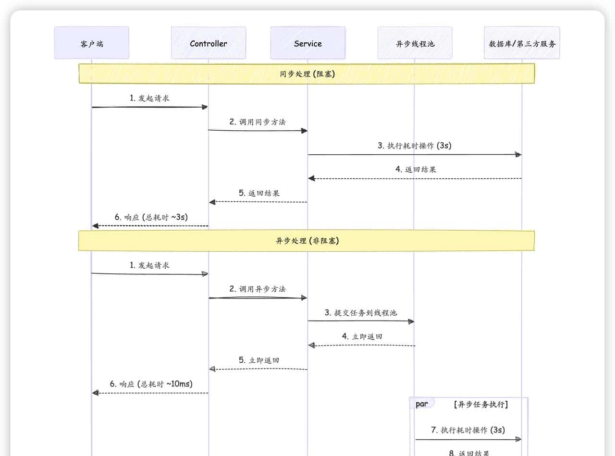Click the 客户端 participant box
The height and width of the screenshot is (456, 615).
click(x=91, y=43)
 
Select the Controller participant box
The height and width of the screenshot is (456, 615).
click(x=208, y=43)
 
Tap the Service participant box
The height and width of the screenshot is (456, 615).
click(x=307, y=43)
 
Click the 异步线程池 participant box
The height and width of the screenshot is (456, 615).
click(x=415, y=43)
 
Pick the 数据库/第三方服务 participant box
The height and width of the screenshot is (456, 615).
click(x=522, y=43)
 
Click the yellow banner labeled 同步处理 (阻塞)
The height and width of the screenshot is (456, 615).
click(x=307, y=74)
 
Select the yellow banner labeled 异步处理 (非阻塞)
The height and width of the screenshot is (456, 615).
click(x=307, y=241)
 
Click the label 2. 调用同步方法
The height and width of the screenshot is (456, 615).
click(x=257, y=122)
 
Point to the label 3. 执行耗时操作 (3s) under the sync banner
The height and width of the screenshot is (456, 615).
click(x=414, y=146)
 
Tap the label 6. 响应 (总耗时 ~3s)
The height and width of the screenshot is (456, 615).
click(x=151, y=217)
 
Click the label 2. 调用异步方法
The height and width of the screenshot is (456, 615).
click(x=257, y=289)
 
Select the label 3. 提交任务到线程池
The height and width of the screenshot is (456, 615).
click(x=361, y=313)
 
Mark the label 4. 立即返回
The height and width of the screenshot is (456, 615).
click(x=362, y=336)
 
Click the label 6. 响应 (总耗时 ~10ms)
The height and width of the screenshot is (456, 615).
click(x=151, y=384)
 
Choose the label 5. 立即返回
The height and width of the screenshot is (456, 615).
click(x=259, y=360)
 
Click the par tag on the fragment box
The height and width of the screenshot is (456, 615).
click(x=421, y=404)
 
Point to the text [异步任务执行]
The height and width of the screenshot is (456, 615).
click(x=480, y=404)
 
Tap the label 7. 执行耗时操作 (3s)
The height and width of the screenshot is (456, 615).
click(x=468, y=430)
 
